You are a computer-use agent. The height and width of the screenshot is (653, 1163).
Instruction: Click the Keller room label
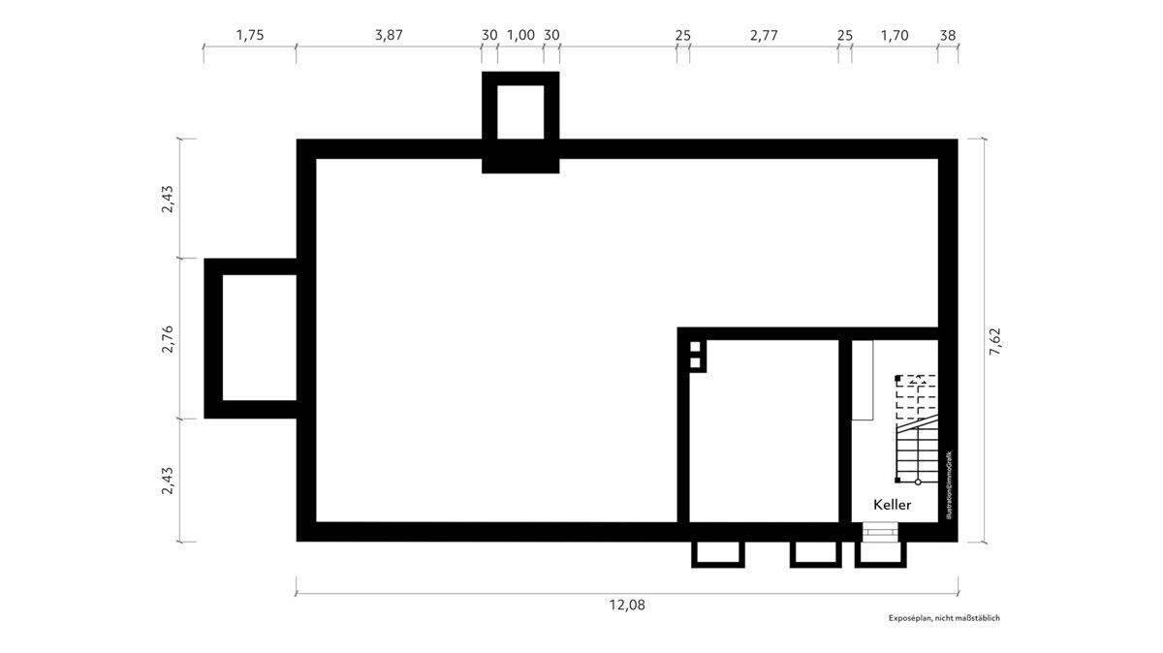(892, 505)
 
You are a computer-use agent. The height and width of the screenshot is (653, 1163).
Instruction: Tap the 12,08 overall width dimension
(626, 605)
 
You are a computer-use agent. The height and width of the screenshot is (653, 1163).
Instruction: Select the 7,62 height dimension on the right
(994, 341)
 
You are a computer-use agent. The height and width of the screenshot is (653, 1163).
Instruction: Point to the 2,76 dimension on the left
(167, 339)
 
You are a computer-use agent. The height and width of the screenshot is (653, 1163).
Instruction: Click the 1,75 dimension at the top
(249, 35)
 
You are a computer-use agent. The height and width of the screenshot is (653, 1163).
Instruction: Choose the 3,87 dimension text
(388, 35)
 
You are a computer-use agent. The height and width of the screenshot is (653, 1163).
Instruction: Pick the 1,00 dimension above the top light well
(520, 35)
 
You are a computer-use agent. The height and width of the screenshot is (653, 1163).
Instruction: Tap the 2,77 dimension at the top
(764, 35)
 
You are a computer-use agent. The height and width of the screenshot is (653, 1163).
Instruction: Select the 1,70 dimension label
(894, 35)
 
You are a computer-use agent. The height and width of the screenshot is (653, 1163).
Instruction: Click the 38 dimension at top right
(948, 35)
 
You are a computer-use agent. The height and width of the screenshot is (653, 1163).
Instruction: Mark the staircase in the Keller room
(916, 428)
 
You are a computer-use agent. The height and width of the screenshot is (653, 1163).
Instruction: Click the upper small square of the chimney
(695, 347)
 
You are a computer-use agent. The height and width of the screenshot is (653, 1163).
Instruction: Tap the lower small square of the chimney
(695, 363)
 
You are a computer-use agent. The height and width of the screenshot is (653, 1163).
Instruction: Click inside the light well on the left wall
(259, 337)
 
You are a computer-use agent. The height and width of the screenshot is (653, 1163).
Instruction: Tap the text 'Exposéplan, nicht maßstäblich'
(943, 618)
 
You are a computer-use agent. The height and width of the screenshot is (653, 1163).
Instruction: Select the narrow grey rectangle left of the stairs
(863, 380)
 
